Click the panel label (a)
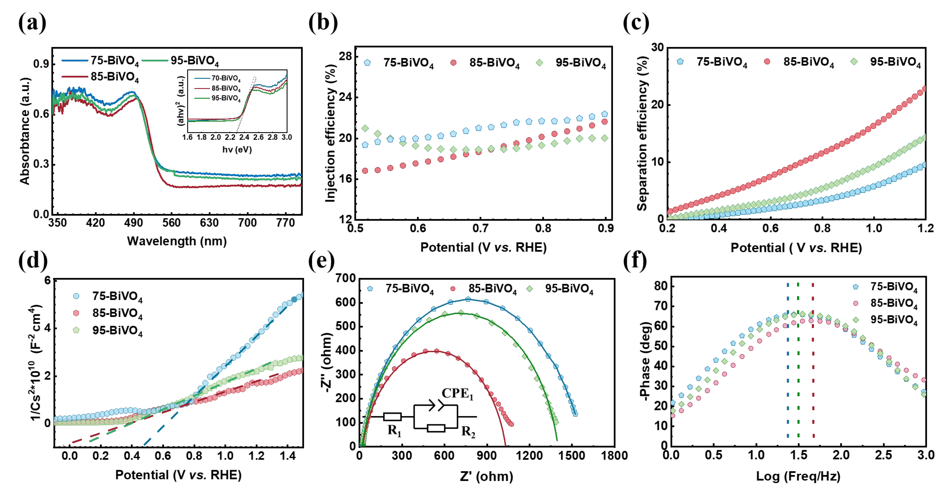pyautogui.click(x=32, y=23)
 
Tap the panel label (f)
pyautogui.click(x=635, y=261)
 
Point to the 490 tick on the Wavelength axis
pyautogui.click(x=133, y=223)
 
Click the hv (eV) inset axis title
pyautogui.click(x=237, y=149)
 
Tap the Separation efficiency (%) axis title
pyautogui.click(x=642, y=134)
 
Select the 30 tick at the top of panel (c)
pyautogui.click(x=658, y=47)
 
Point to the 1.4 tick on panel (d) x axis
pyautogui.click(x=288, y=456)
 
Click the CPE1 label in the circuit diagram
pyautogui.click(x=457, y=394)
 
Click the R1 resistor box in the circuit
pyautogui.click(x=392, y=417)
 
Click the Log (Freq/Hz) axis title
pyautogui.click(x=798, y=476)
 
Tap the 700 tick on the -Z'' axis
pyautogui.click(x=346, y=278)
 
